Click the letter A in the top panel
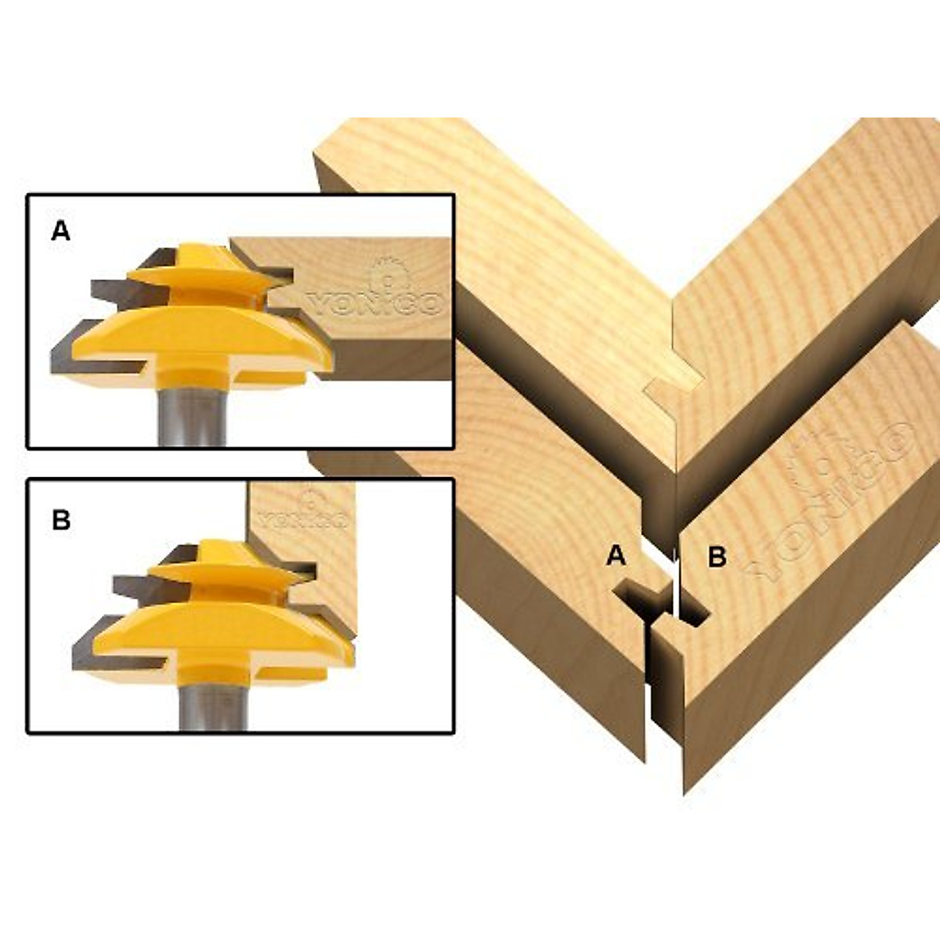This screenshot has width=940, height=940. pyautogui.click(x=60, y=231)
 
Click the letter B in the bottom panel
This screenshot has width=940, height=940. pyautogui.click(x=61, y=520)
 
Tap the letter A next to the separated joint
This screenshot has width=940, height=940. pyautogui.click(x=616, y=556)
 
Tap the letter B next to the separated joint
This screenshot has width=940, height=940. pyautogui.click(x=717, y=557)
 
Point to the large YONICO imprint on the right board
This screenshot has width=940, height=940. pyautogui.click(x=830, y=501)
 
